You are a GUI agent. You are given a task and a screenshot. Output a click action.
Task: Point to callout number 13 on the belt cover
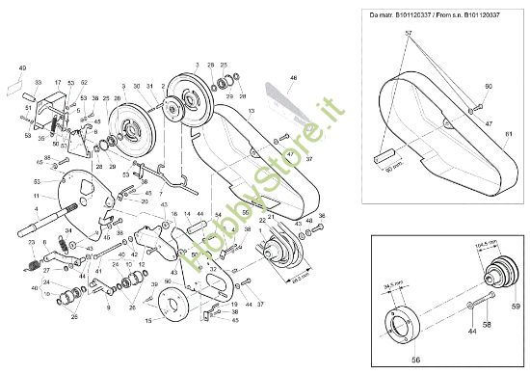pos(253,113)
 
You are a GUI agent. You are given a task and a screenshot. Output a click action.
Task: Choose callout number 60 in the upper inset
pos(489,88)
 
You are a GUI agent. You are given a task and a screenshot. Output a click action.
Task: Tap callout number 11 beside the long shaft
pos(36,197)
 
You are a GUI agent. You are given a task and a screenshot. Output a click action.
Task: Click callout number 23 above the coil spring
pos(30,241)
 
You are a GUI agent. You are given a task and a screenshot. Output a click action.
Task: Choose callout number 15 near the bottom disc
pos(148,319)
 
